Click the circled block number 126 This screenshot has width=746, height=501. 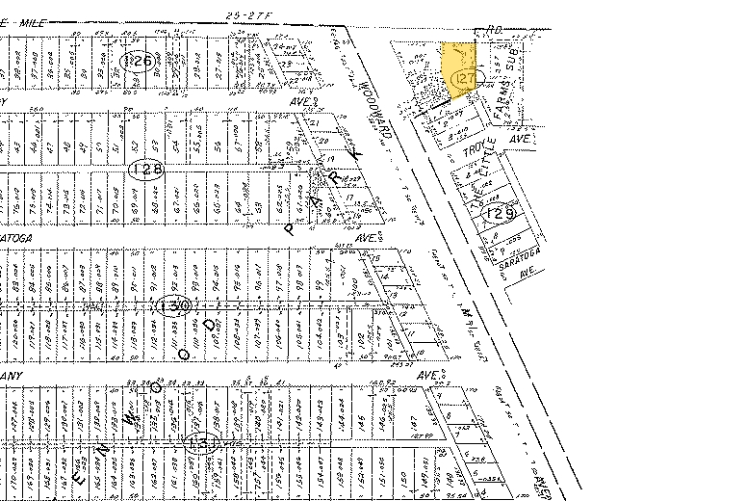tap(139, 62)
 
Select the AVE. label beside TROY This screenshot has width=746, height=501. tap(521, 139)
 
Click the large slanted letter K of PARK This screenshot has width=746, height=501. tap(355, 154)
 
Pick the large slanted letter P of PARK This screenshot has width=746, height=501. tap(289, 229)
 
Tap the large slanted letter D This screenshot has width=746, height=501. tap(211, 325)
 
